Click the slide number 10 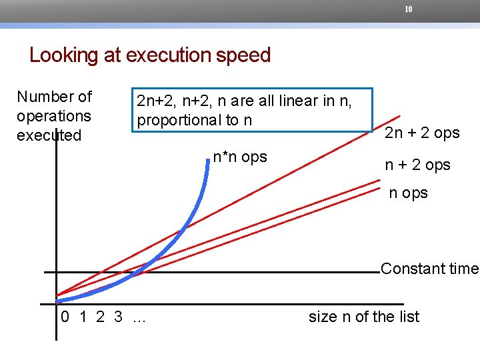tap(409, 9)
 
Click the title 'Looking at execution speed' tap(150, 55)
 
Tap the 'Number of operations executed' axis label tap(54, 116)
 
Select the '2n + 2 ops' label tap(422, 133)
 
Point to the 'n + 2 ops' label tap(417, 165)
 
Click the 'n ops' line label tap(408, 193)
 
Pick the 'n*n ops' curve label tap(239, 157)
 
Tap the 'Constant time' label tap(429, 269)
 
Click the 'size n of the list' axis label tap(363, 317)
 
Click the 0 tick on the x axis tap(65, 317)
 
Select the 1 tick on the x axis tap(83, 317)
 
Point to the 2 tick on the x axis tap(100, 317)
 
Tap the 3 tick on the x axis tap(118, 317)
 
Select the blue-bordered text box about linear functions tap(252, 110)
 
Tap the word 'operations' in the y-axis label tap(54, 116)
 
